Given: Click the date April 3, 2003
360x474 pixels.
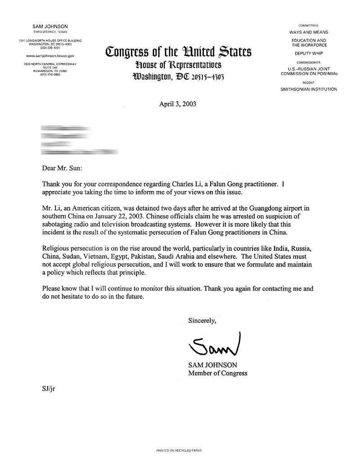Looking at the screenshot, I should pos(178,103).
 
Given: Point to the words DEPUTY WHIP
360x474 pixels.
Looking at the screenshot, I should pos(308,52).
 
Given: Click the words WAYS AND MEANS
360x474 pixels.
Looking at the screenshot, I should pos(308,32).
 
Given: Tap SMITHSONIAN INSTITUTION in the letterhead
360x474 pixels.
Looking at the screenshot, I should pos(308,89).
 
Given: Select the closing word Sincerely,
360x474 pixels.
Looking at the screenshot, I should pos(202,321).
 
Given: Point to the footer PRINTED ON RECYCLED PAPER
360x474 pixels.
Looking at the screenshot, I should pos(179,450).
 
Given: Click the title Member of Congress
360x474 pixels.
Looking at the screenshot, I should pos(218,373).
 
